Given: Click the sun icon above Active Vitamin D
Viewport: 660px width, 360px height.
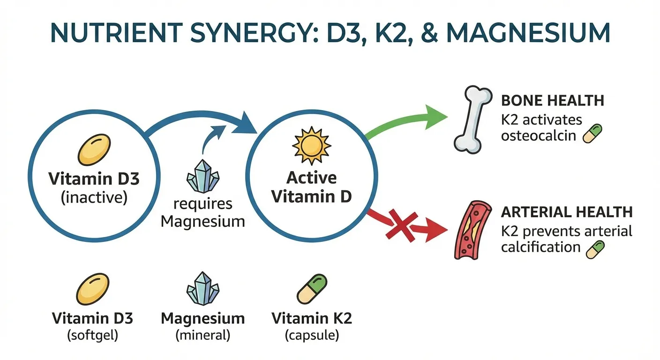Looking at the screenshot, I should click(311, 144).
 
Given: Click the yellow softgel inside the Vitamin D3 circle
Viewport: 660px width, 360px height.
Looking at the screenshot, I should click(94, 150).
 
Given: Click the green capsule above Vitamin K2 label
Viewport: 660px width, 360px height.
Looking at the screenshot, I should click(312, 289).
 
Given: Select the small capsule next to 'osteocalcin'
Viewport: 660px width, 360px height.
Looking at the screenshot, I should click(592, 134).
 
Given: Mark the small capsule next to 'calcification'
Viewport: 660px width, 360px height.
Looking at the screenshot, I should click(595, 249).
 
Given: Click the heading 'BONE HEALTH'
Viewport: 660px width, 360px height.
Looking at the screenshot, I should click(552, 100).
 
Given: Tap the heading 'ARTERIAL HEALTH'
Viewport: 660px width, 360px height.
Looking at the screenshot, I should click(566, 212).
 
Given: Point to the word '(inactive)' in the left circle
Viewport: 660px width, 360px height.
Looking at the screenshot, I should click(94, 197).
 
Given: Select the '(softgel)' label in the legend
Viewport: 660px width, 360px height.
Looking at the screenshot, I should click(92, 336).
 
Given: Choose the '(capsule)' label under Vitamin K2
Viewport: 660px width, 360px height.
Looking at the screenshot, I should click(312, 336).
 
